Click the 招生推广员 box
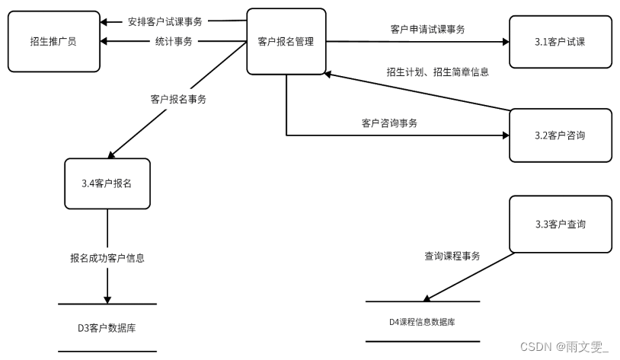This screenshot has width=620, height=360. click(x=53, y=41)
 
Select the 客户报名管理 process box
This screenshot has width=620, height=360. click(x=286, y=41)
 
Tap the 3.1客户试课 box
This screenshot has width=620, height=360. click(x=560, y=41)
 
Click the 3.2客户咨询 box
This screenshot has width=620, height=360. click(x=560, y=135)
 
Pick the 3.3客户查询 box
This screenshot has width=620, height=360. click(x=560, y=224)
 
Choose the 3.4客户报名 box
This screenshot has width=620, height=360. click(x=107, y=183)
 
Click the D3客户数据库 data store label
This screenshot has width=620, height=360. click(x=107, y=328)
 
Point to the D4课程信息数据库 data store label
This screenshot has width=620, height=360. click(x=422, y=322)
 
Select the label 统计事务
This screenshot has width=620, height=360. click(x=173, y=41)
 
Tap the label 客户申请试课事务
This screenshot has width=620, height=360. click(x=427, y=29)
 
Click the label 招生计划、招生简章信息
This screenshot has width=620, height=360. click(x=437, y=72)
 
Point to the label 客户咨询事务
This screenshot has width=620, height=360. click(x=389, y=123)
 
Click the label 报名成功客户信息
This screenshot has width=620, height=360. click(x=107, y=257)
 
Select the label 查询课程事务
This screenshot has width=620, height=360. click(x=452, y=256)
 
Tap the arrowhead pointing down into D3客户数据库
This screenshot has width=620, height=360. click(x=107, y=298)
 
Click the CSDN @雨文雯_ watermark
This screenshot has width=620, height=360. click(x=564, y=346)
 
